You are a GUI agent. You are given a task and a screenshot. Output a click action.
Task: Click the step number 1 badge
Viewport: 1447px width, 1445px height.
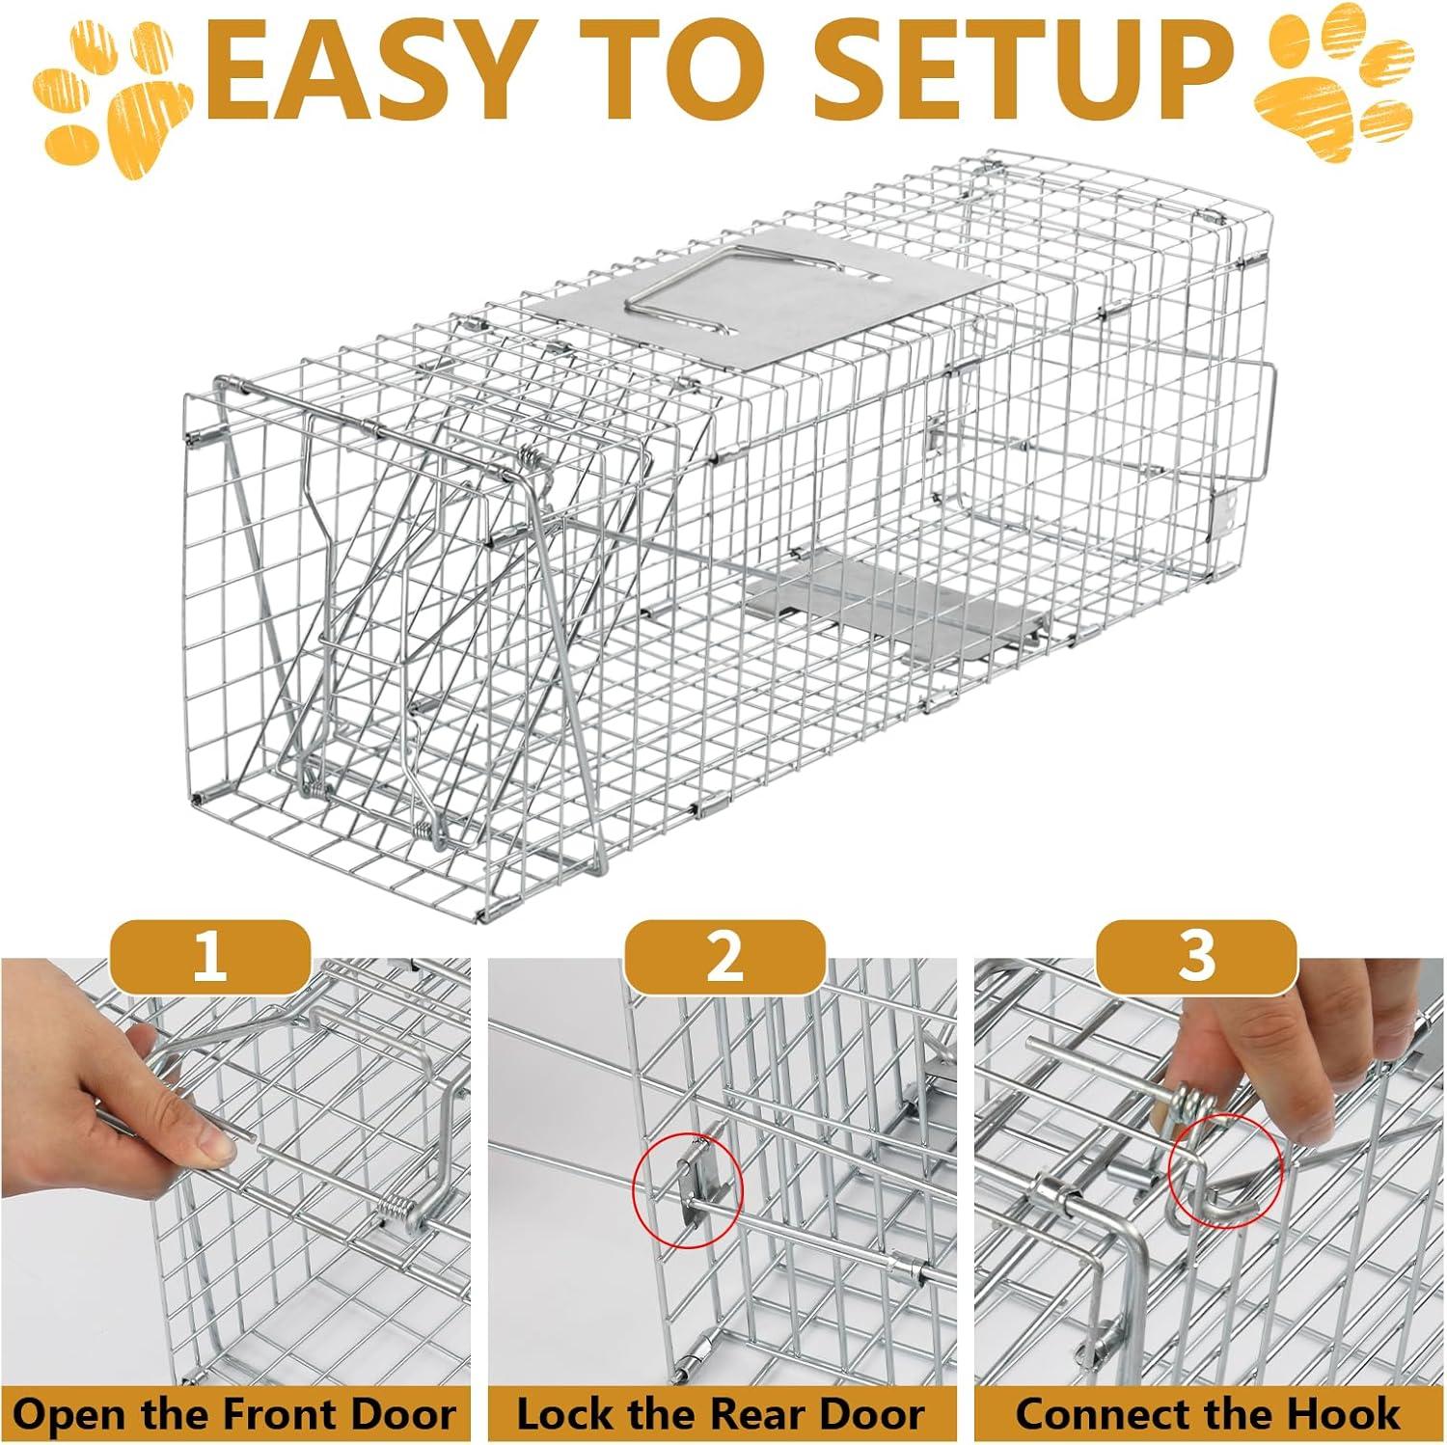coord(210,959)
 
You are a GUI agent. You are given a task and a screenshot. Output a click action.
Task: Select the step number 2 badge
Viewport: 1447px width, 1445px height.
coord(724,959)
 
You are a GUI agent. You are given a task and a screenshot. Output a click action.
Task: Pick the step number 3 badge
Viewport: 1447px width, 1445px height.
coord(1196,959)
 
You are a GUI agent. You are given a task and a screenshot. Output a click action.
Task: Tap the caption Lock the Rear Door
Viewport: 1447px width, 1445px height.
coord(721,1415)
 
